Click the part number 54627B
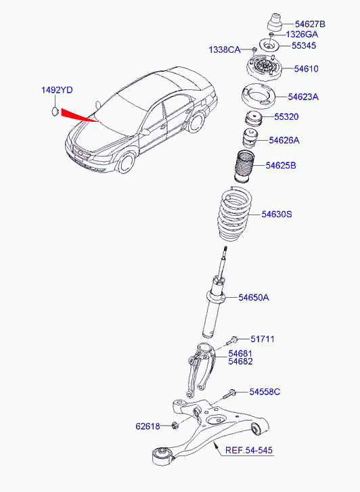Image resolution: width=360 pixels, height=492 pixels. [310, 24]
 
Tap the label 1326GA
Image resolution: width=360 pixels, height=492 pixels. [302, 35]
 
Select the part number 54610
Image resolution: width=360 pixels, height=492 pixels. [306, 69]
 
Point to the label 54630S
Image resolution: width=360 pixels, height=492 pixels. [277, 215]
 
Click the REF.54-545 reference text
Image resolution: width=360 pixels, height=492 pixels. [249, 450]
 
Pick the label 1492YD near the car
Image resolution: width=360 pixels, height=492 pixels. [57, 91]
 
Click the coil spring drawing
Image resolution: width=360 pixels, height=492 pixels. [233, 214]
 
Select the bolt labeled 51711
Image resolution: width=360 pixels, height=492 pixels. [233, 340]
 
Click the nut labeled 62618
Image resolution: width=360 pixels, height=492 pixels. [175, 426]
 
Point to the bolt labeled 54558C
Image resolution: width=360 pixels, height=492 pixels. [229, 393]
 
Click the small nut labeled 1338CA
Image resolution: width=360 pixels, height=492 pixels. [254, 49]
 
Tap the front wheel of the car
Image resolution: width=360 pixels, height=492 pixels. [127, 162]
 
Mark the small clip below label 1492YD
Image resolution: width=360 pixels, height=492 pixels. [55, 111]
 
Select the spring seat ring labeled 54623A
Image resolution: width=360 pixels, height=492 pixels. [258, 96]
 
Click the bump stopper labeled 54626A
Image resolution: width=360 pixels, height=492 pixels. [250, 138]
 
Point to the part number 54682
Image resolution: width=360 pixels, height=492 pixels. [240, 361]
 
